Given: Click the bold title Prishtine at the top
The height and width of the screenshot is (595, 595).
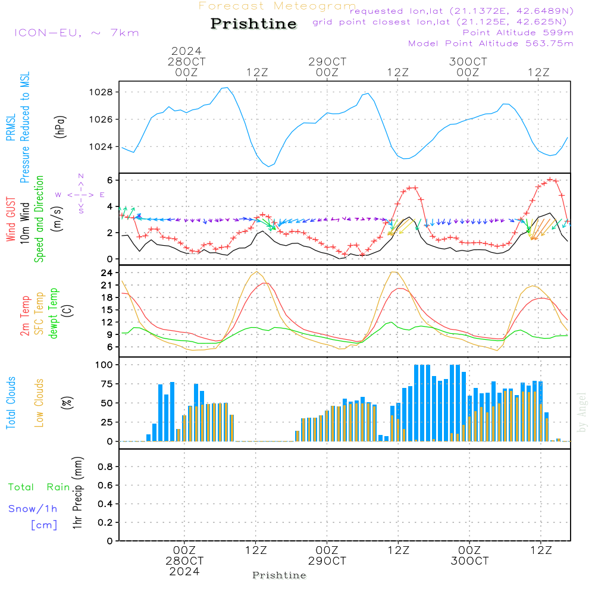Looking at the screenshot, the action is click(253, 24).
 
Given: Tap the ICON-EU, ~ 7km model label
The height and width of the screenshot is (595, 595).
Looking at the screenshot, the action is click(77, 33).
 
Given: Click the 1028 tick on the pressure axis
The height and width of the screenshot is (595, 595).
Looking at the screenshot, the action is click(101, 92).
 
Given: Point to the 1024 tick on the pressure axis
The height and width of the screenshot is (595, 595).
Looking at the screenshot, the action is click(101, 146).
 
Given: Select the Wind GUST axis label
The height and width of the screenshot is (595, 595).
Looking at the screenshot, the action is click(11, 219).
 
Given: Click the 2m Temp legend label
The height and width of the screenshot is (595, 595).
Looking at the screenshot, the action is click(24, 316).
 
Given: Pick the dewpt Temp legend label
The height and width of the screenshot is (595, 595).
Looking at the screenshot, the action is click(53, 313).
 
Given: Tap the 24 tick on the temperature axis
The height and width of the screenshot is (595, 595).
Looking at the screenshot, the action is click(107, 273).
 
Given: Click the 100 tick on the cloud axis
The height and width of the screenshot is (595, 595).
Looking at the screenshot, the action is click(104, 365).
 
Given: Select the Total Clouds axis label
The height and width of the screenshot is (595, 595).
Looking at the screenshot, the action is click(11, 403).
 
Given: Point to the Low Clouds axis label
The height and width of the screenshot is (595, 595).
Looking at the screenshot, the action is click(39, 403).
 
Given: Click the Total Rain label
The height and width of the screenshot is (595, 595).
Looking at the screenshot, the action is click(39, 487).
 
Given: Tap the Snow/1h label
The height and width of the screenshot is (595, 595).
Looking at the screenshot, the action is click(33, 509).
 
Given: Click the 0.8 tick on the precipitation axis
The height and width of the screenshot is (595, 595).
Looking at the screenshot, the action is click(105, 466).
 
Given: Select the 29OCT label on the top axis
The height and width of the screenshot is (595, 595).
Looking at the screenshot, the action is click(327, 61).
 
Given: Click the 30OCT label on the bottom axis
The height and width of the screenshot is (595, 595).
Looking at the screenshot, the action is click(469, 561).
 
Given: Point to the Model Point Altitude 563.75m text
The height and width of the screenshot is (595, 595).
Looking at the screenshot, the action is click(491, 43).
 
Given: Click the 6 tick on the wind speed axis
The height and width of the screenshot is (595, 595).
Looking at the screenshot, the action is click(110, 180).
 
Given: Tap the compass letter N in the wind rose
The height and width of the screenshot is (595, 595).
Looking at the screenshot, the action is click(81, 176).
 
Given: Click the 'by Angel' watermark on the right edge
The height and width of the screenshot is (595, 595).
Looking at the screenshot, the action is click(581, 412).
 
